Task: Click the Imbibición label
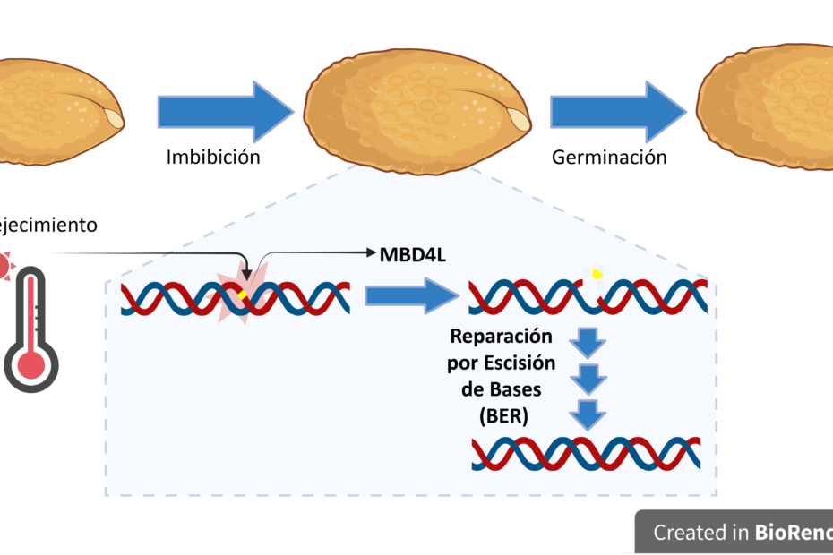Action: tap(213, 158)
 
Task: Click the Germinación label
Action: tap(609, 158)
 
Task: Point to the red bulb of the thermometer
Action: tap(31, 363)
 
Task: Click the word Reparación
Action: tap(502, 338)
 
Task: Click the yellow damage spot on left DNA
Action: tap(241, 295)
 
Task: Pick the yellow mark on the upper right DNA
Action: tap(597, 274)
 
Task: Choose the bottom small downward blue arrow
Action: tap(588, 414)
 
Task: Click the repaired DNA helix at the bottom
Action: tap(586, 454)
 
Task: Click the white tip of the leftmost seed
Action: tap(115, 117)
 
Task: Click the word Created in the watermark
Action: tap(686, 533)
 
